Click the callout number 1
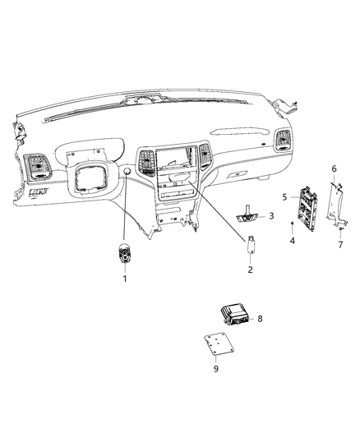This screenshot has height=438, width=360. coord(125,279)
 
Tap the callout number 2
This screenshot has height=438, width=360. coord(250,269)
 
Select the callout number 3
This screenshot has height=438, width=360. coord(271,215)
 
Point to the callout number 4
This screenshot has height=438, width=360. coord(293,240)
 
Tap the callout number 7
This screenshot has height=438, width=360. coord(340,245)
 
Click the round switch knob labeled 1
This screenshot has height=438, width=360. coord(125,256)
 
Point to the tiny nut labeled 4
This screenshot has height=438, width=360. coord(293,224)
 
